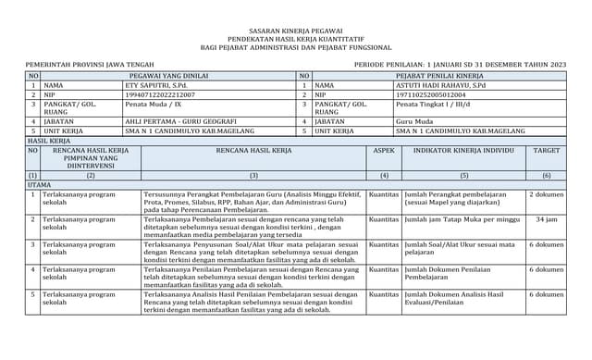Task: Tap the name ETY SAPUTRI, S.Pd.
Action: (155, 84)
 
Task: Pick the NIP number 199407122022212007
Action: (160, 94)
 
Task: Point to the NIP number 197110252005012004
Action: (430, 94)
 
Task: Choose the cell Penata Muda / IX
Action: (153, 105)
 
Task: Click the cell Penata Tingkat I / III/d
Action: (432, 105)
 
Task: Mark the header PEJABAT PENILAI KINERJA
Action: (439, 74)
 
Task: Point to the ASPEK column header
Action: (384, 149)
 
